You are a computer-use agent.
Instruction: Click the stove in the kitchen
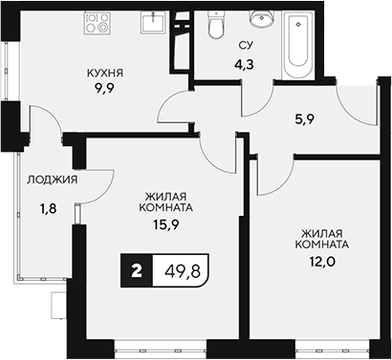(97, 22)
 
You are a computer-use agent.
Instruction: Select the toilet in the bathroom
(216, 28)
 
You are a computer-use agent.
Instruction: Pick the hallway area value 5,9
(305, 121)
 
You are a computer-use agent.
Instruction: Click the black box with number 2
(138, 272)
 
